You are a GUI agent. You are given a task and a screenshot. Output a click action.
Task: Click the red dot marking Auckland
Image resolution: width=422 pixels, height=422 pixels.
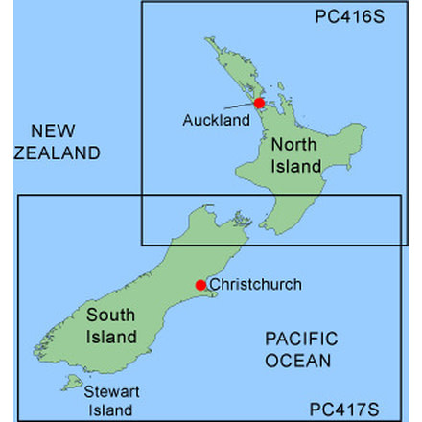click(x=258, y=103)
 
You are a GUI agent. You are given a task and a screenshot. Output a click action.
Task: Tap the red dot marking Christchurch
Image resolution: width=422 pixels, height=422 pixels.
click(x=200, y=285)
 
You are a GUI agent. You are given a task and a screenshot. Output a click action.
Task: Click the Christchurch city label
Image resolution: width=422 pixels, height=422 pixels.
click(x=255, y=284)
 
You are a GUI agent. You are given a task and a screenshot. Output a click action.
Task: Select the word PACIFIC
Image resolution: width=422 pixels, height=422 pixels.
click(x=301, y=340)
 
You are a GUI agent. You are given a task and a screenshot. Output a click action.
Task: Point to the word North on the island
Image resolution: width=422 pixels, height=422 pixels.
click(x=294, y=146)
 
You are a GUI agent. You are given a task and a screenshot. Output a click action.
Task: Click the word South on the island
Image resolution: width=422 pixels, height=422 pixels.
click(x=110, y=316)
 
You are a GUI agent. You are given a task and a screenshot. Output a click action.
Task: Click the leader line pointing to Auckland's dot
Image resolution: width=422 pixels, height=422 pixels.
click(x=239, y=105)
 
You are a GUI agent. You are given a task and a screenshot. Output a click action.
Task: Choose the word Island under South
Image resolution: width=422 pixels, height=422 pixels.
click(x=110, y=337)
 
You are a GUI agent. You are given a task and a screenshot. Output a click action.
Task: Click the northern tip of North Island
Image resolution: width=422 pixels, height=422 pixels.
click(x=206, y=39)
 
